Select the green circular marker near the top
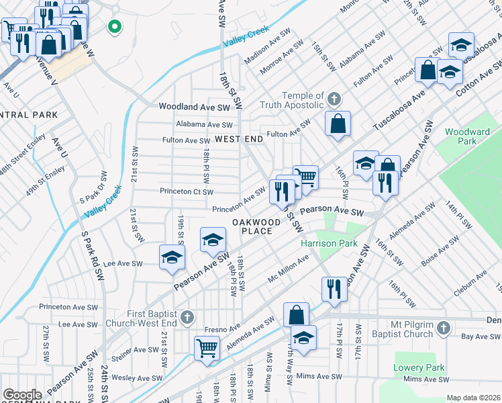click(115, 28)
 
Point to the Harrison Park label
click(329, 244)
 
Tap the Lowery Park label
click(419, 368)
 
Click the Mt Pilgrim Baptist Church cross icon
click(442, 328)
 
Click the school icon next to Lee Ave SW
click(172, 257)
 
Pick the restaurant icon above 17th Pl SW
click(334, 288)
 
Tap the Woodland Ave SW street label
click(194, 107)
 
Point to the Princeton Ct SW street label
click(186, 191)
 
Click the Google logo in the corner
click(22, 395)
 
